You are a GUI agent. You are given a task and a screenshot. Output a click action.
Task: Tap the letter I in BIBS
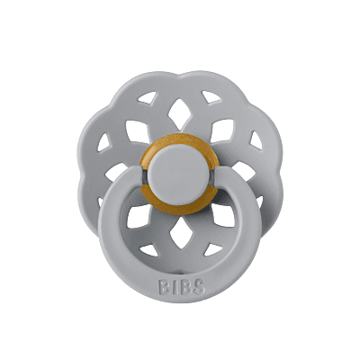(x=173, y=287)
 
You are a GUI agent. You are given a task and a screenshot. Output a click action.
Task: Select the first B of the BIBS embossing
(x=164, y=287)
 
